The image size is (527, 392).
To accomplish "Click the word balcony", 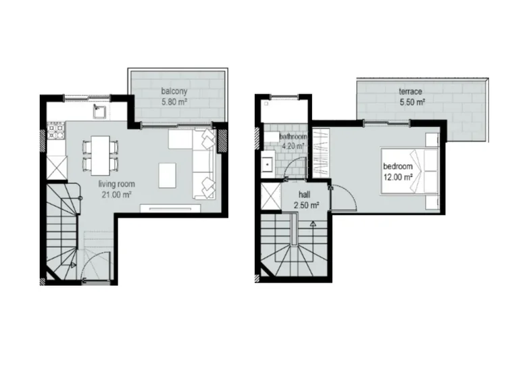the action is [x=174, y=91].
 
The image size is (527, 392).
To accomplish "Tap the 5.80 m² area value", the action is [x=174, y=102].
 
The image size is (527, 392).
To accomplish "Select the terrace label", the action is [x=410, y=91].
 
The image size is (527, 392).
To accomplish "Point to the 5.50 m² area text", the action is [x=412, y=102].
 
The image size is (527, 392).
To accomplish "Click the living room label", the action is [x=117, y=184].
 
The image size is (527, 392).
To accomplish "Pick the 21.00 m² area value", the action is [x=116, y=195].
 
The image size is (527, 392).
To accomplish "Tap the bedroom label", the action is [x=397, y=166].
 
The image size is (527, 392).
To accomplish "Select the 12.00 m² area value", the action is [x=398, y=177].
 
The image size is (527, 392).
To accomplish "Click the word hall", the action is [x=305, y=195].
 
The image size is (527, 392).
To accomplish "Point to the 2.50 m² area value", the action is [x=307, y=205].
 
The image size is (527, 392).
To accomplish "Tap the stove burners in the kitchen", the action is [x=56, y=131].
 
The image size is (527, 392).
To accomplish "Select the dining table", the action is [x=101, y=155].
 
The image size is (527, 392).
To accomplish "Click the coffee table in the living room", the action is [x=168, y=176].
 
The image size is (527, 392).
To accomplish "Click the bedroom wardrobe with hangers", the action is [x=321, y=153].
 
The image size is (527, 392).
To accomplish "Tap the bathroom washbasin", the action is [x=267, y=165].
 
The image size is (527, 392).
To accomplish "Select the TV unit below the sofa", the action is [x=171, y=208].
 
